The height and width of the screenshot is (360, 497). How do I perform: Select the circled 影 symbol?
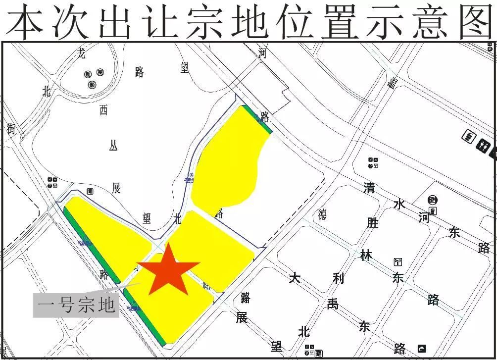click(92, 84)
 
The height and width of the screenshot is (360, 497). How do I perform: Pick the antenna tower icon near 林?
click(398, 262)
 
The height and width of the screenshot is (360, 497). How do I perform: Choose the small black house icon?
click(422, 348)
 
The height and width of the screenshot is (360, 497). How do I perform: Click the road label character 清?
click(369, 188)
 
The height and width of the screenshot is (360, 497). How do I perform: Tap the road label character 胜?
click(372, 223)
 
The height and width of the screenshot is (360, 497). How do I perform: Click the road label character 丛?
click(113, 147)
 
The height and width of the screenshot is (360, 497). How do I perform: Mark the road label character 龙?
click(82, 53)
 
